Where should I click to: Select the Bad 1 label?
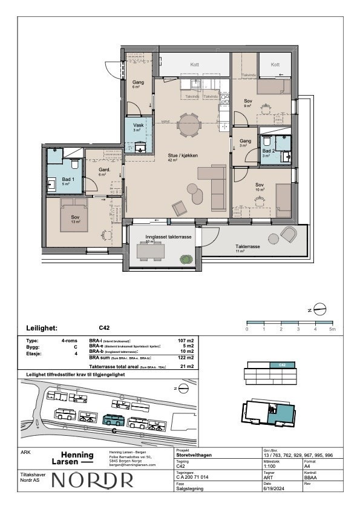click(x=68, y=180)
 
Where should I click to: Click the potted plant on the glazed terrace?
click(x=185, y=259)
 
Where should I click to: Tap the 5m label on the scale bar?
click(x=332, y=329)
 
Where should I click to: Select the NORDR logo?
click(x=93, y=480)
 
